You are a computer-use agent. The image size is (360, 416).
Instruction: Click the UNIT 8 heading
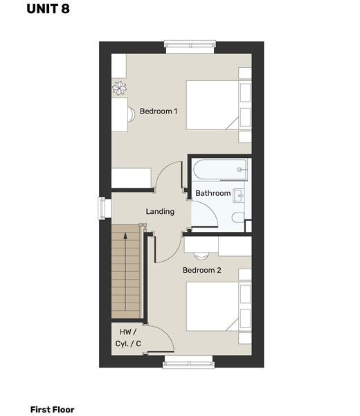click(48, 9)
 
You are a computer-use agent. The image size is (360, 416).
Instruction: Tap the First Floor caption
click(52, 409)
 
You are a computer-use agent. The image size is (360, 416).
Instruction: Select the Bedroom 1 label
click(159, 111)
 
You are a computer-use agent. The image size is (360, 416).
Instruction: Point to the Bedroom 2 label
click(201, 270)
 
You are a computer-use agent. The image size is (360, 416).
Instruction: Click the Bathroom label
click(213, 193)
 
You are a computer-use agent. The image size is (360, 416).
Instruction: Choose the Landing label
click(160, 211)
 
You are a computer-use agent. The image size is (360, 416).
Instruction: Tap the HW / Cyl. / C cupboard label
click(128, 338)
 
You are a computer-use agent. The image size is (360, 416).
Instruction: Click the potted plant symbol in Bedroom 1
click(119, 88)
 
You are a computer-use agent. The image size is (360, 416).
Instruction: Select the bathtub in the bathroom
click(220, 170)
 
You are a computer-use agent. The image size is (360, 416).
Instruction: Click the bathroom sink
click(238, 195)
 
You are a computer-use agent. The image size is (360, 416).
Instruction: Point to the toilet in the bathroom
click(238, 218)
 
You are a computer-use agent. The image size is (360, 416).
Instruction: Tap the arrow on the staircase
click(125, 271)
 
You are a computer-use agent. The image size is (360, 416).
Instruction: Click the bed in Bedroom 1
click(219, 105)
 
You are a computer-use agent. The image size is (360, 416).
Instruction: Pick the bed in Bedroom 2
click(219, 307)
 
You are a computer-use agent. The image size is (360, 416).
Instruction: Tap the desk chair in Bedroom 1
click(131, 114)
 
